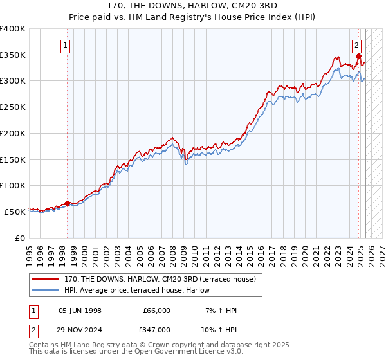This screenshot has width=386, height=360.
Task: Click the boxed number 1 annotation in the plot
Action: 66,45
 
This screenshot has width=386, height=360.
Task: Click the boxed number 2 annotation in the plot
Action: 357,45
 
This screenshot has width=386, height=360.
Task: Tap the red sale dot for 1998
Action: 67,203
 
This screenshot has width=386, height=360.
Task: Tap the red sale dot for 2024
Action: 358,57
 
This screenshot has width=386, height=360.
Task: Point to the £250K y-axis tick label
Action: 13,107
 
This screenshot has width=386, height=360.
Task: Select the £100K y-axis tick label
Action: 13,185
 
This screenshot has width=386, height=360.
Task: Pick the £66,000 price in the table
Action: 156,310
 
